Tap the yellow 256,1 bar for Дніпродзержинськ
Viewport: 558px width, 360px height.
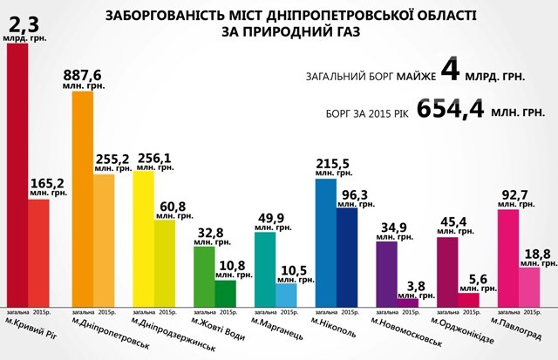143,239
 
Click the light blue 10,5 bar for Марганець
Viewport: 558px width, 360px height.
285,295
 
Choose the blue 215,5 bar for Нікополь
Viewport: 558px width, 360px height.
325,243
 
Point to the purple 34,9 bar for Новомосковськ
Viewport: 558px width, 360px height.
386,275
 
